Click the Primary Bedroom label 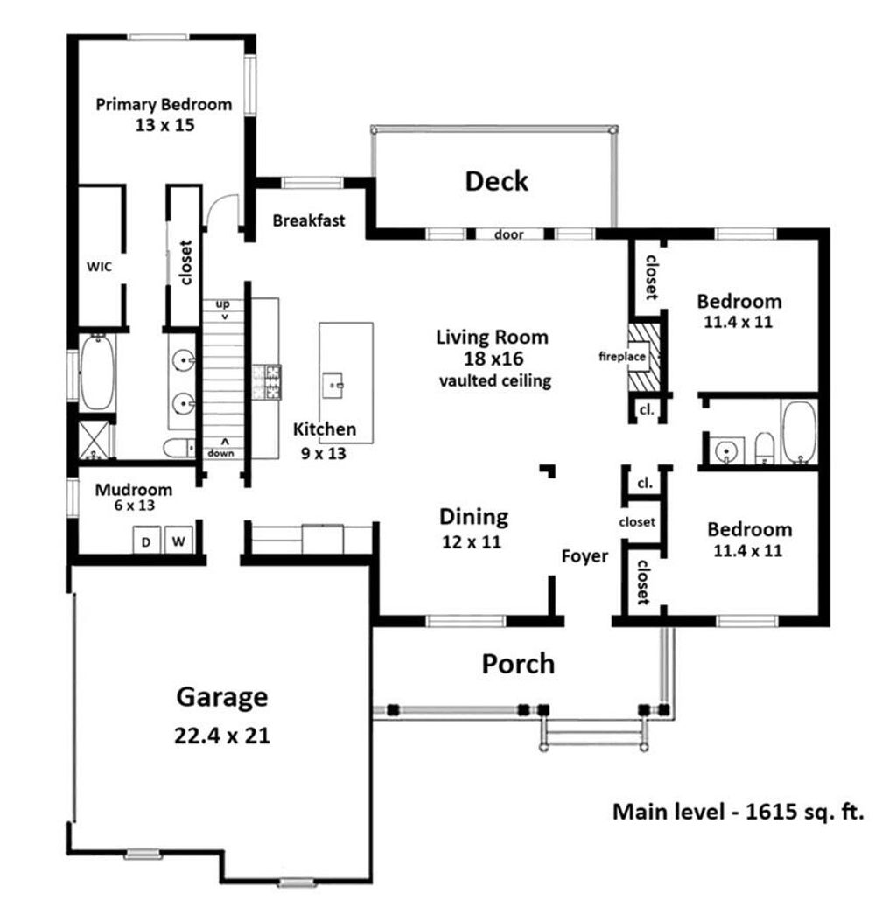(x=164, y=104)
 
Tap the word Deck (x=496, y=181)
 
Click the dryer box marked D (x=146, y=541)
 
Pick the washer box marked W (x=178, y=541)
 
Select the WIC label (x=99, y=265)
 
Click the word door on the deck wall (x=508, y=234)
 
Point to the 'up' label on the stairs (x=222, y=304)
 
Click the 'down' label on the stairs (x=221, y=452)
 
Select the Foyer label (x=584, y=556)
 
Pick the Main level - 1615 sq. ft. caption (x=738, y=812)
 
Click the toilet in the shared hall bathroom (x=764, y=447)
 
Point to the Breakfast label (x=308, y=220)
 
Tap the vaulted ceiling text (x=494, y=380)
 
